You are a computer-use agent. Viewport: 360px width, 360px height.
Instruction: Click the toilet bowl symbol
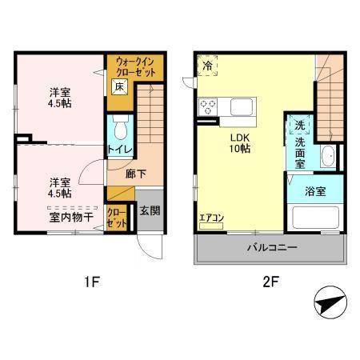click(x=121, y=127)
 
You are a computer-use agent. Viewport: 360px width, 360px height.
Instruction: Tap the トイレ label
click(x=120, y=150)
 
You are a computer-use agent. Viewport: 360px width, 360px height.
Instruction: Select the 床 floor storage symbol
click(x=119, y=86)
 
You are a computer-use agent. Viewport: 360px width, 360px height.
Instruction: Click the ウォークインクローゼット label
click(x=135, y=67)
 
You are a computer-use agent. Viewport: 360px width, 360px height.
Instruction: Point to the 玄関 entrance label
click(x=150, y=210)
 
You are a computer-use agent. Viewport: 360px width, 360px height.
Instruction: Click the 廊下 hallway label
click(x=136, y=174)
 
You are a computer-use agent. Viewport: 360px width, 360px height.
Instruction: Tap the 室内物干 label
click(x=71, y=218)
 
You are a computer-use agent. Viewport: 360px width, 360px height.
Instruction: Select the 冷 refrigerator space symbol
click(x=207, y=66)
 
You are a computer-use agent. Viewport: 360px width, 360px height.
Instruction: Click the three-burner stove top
click(x=208, y=107)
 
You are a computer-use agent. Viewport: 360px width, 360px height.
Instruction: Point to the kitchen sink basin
click(x=242, y=107)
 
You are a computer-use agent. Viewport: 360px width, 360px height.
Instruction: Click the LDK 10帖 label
click(x=240, y=143)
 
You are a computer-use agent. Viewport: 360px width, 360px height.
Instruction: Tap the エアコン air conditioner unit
click(x=211, y=226)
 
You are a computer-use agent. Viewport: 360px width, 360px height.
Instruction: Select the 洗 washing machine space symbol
click(x=300, y=125)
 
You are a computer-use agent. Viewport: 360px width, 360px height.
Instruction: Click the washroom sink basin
click(x=327, y=156)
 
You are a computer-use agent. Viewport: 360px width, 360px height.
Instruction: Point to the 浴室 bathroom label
click(x=315, y=191)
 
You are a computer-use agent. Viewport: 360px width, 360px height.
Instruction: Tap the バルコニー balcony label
click(x=271, y=247)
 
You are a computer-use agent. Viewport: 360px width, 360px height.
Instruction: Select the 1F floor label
click(x=92, y=282)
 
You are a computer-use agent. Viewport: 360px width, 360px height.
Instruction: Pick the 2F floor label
click(x=271, y=282)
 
